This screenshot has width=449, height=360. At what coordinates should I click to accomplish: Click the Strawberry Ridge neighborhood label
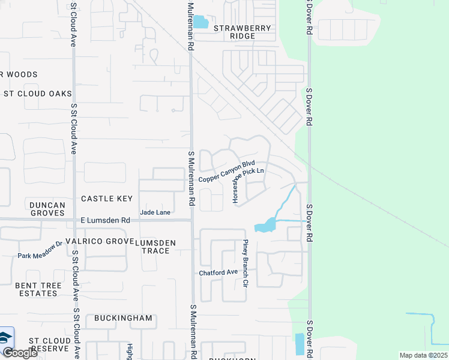coord(243,32)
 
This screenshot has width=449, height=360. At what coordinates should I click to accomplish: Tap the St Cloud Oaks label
coord(38,94)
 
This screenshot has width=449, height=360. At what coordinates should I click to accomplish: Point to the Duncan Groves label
coord(47,209)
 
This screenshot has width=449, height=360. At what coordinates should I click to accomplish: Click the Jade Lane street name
coord(155,212)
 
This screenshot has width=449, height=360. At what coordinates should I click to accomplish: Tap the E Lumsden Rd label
coord(106,221)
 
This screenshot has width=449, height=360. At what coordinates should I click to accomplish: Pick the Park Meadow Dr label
coord(40,250)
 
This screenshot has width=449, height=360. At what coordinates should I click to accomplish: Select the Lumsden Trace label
coord(155,246)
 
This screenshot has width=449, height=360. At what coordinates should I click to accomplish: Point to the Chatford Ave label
coord(218,272)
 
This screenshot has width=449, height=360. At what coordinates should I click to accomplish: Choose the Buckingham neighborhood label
coord(122,318)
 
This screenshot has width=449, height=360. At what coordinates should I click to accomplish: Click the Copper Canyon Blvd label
coord(227,172)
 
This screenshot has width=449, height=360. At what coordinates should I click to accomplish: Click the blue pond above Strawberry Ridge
coord(200,22)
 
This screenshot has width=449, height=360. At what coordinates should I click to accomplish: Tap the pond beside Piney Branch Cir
coord(265,226)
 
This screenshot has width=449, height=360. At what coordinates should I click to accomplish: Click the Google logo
coord(20,353)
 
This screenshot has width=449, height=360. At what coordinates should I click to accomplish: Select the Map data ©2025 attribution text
coord(423,355)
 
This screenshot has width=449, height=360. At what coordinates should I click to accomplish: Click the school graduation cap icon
coord(5,337)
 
